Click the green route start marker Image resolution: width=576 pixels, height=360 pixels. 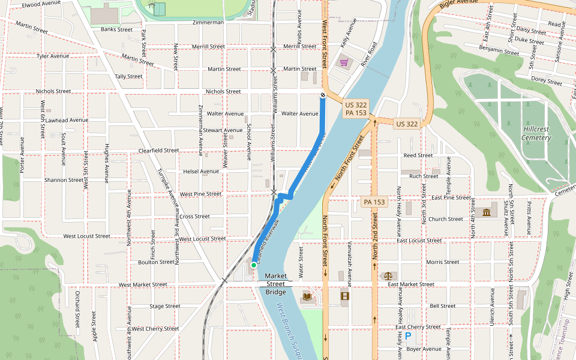[x=254, y=265]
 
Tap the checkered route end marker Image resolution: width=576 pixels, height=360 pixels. [x=323, y=95]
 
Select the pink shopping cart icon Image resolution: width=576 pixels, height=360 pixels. [x=344, y=62]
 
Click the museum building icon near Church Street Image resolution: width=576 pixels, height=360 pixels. [x=486, y=212]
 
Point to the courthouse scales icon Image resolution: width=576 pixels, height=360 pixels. [x=388, y=275]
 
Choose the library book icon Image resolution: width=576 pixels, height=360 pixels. [x=308, y=296]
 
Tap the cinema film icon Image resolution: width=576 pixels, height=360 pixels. [x=344, y=296]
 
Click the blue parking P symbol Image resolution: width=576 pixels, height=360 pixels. [x=409, y=337]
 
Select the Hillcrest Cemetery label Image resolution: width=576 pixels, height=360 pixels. [x=536, y=133]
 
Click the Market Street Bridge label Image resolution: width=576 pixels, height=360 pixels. [x=276, y=284]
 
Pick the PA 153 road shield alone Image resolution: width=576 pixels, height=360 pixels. [x=374, y=202]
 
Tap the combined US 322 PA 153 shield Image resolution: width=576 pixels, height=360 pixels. [x=356, y=109]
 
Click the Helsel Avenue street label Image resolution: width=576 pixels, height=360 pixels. [x=201, y=172]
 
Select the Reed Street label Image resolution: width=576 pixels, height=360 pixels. [x=418, y=155]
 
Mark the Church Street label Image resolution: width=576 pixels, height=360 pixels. [x=445, y=219]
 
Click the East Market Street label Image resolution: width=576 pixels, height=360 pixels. [x=411, y=284]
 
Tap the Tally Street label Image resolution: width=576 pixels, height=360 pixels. [x=128, y=77]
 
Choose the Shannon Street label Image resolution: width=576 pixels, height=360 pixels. [x=64, y=180]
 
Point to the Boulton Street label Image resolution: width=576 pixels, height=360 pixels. [x=156, y=262]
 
